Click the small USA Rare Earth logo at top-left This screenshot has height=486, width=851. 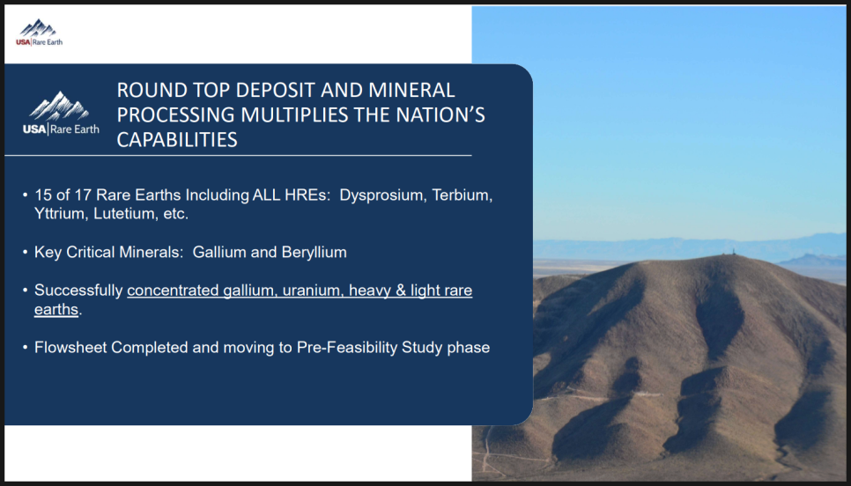(39, 33)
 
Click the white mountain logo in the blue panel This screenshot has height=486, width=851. (61, 113)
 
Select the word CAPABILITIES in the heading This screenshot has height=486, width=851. (177, 140)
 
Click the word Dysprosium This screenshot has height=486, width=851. (383, 195)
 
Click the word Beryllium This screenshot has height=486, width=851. (314, 252)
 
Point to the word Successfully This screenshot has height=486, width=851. (78, 291)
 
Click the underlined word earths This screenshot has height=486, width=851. (56, 310)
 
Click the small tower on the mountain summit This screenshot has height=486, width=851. (735, 252)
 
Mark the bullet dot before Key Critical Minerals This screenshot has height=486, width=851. (26, 252)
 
